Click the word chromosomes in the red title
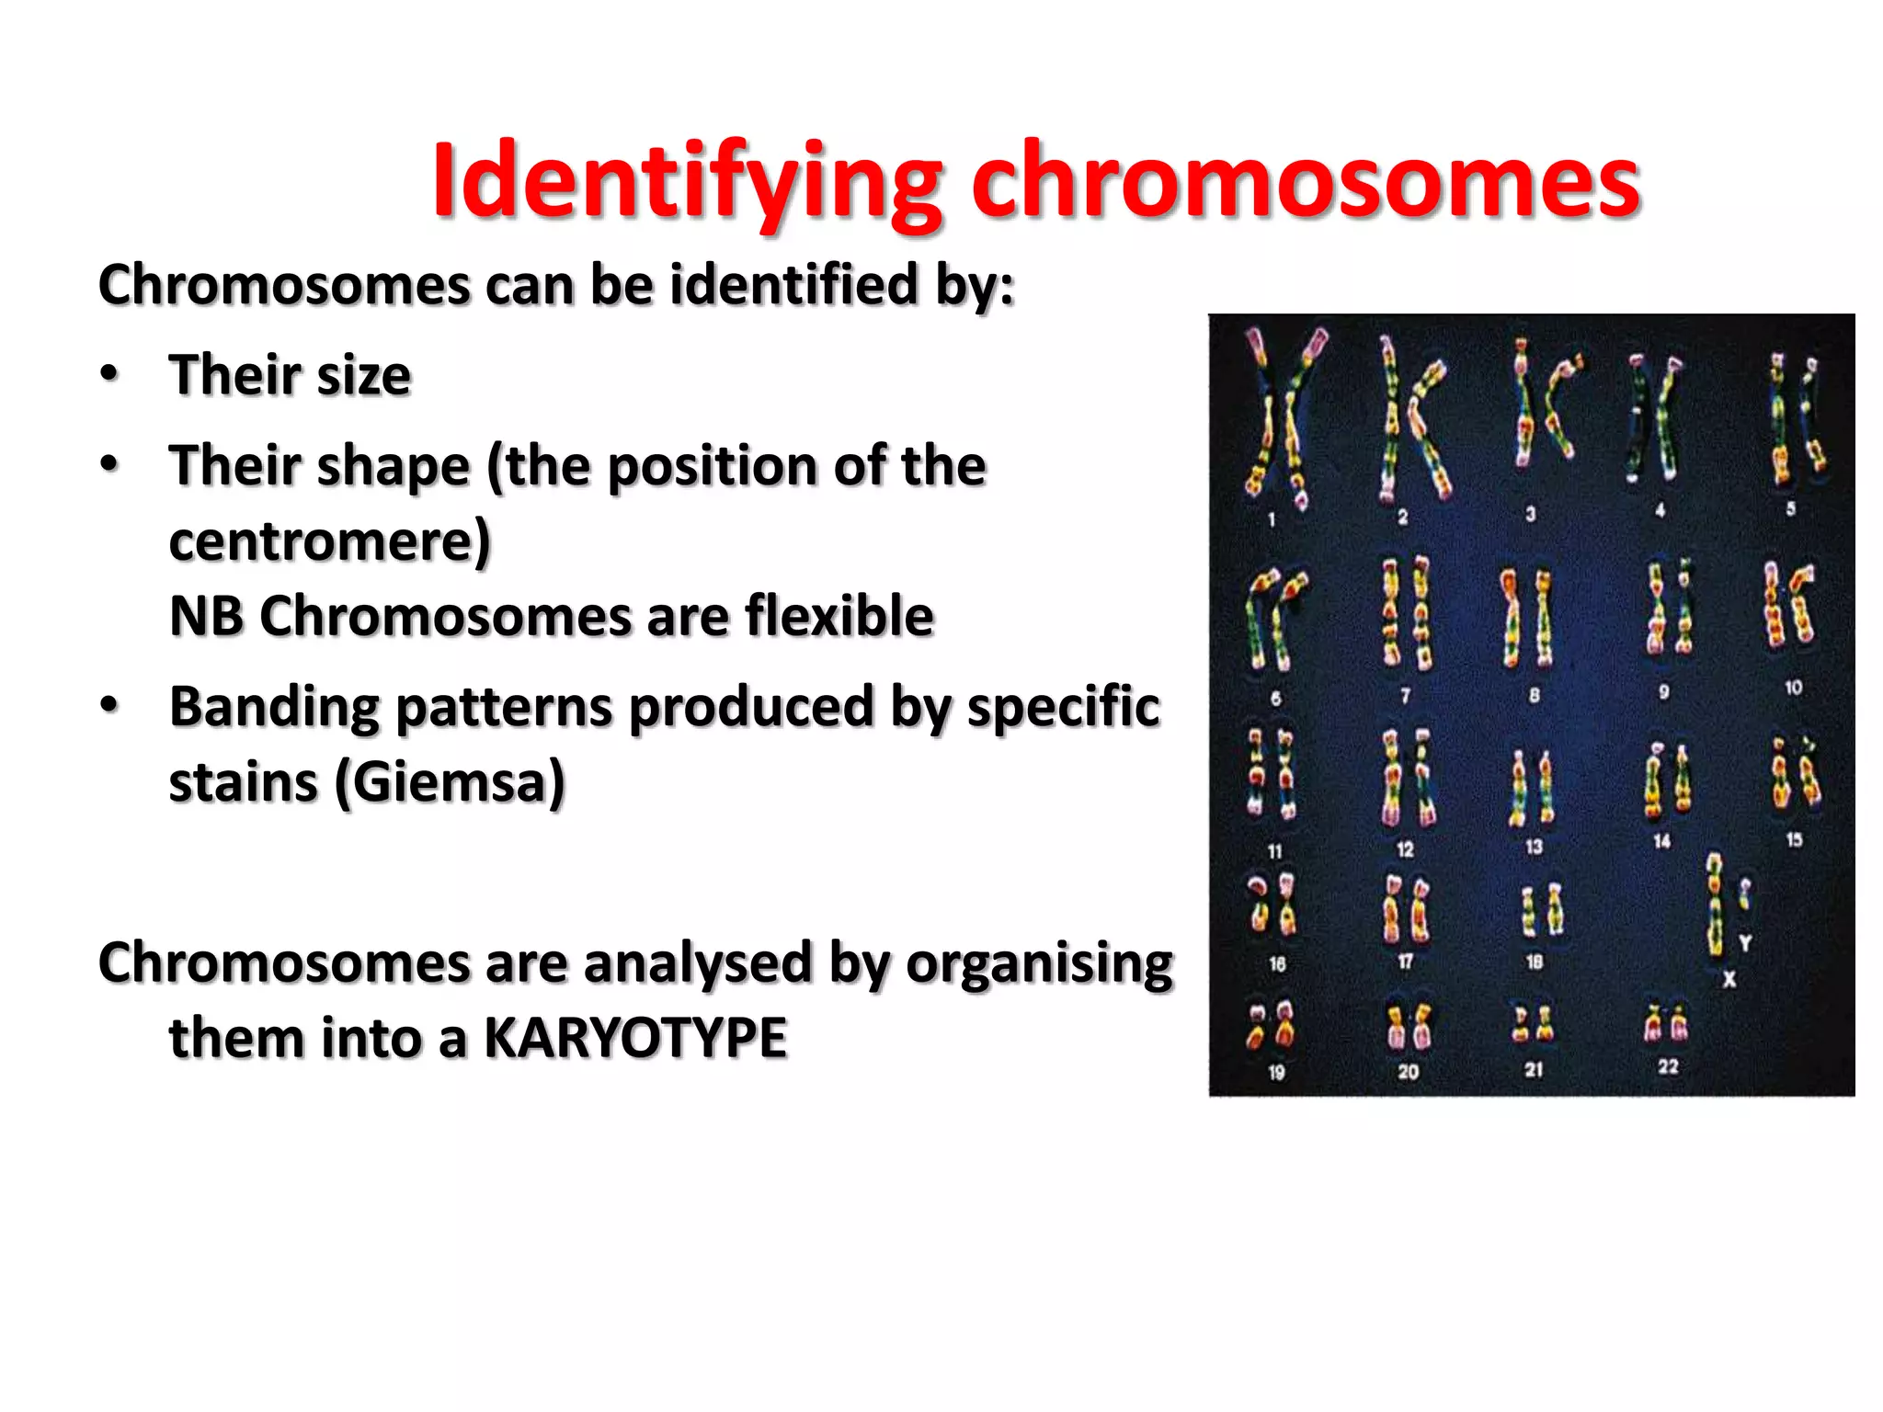point(1306,182)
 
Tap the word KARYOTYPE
point(634,1039)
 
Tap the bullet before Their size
point(109,375)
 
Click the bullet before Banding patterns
point(109,706)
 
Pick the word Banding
point(274,708)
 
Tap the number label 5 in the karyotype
point(1790,508)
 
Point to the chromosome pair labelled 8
point(1526,618)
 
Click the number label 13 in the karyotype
point(1534,847)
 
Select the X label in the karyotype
point(1729,980)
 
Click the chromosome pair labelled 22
point(1667,1023)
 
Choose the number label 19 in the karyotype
point(1276,1072)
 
